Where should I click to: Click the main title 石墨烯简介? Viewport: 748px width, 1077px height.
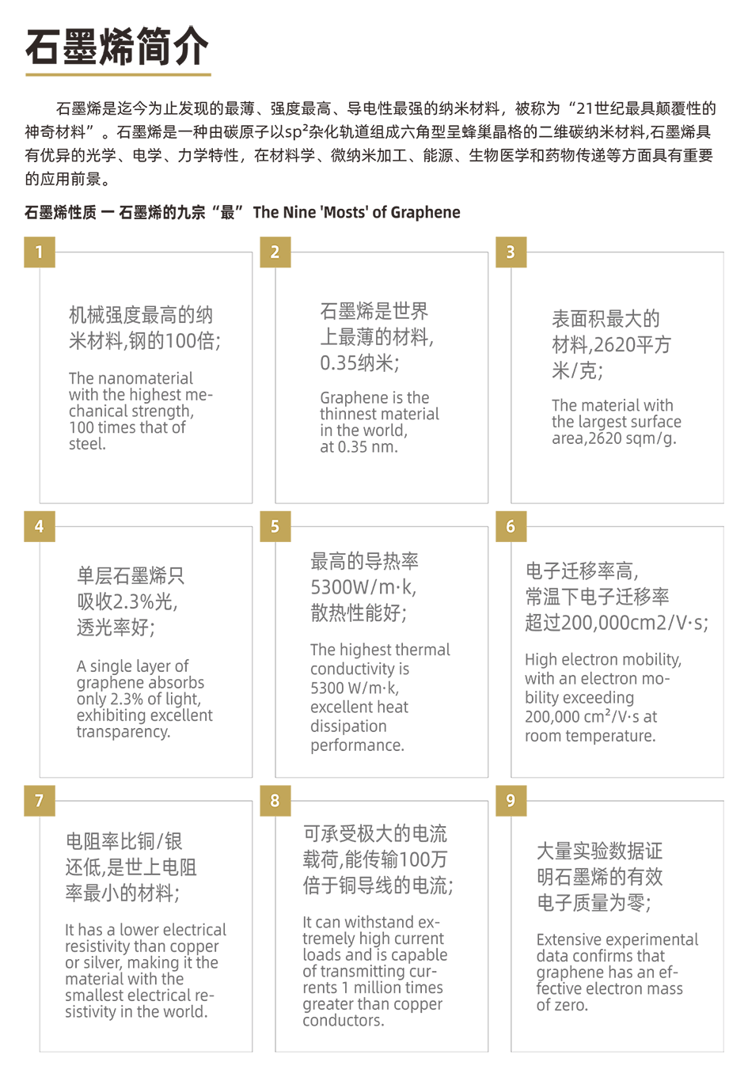(x=117, y=47)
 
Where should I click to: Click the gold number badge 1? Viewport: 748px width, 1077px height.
(x=40, y=252)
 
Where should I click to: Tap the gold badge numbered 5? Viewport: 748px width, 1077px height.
(x=275, y=526)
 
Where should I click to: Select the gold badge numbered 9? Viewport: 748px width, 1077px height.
(x=511, y=801)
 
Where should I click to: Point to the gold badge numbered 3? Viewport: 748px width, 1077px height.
(x=511, y=252)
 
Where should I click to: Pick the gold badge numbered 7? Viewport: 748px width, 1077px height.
(x=40, y=801)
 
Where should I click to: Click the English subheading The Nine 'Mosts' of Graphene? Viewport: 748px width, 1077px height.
(x=356, y=212)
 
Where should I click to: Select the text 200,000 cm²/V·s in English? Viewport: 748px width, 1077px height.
(x=582, y=716)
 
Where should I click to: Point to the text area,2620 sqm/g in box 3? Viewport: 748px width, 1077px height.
(x=613, y=438)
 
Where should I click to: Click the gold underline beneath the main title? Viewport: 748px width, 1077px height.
(x=118, y=74)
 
